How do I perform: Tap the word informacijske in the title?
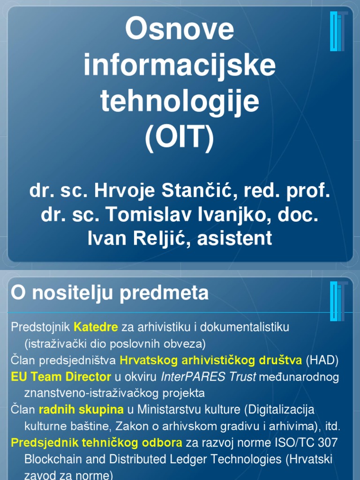pyautogui.click(x=180, y=66)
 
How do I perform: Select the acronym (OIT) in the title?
pyautogui.click(x=180, y=138)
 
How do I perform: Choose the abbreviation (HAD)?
pyautogui.click(x=322, y=360)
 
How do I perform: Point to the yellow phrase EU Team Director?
pyautogui.click(x=61, y=377)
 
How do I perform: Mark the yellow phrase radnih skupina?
pyautogui.click(x=81, y=410)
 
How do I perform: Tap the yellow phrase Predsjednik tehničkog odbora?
pyautogui.click(x=97, y=442)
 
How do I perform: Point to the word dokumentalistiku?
pyautogui.click(x=249, y=327)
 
